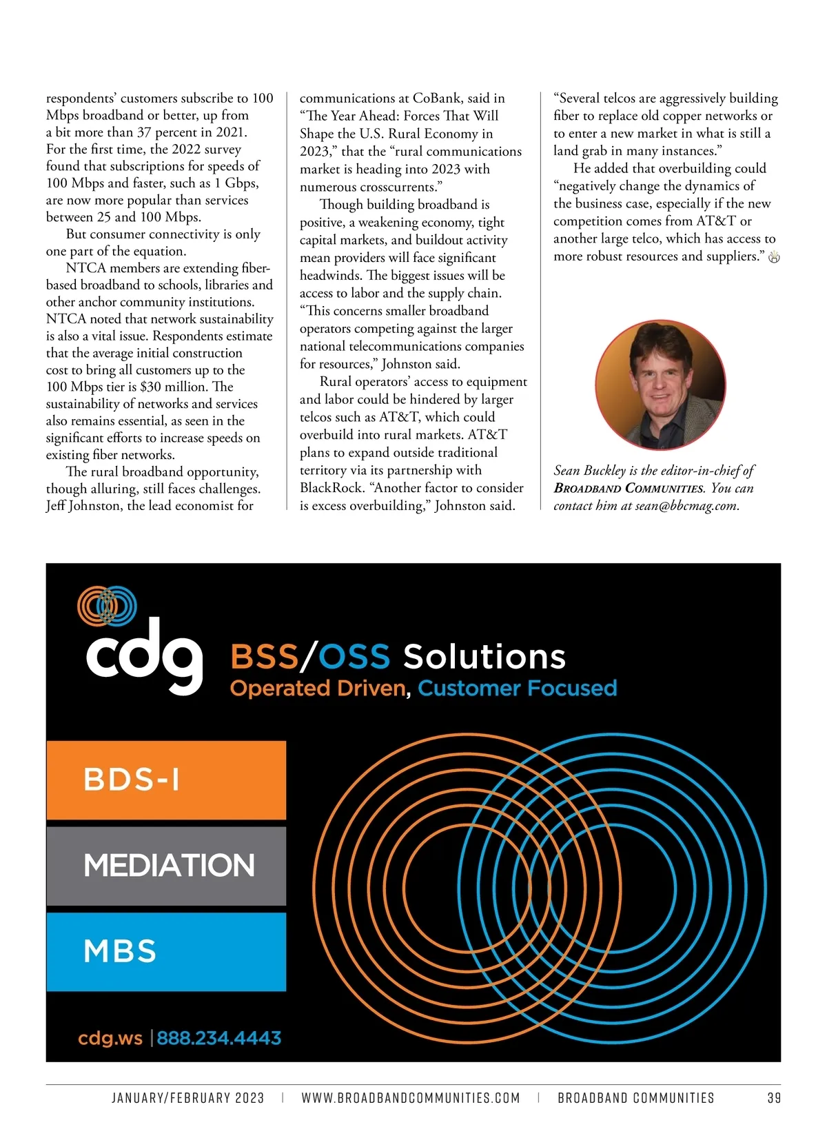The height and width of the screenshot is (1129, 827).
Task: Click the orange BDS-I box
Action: [x=166, y=780]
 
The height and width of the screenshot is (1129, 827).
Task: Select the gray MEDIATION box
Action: [x=166, y=866]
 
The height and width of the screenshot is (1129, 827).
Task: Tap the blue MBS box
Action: [x=166, y=952]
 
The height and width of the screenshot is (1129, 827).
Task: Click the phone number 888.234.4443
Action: [x=219, y=1038]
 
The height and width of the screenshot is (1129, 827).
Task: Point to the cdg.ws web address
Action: [x=110, y=1038]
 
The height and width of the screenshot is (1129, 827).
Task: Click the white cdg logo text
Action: [x=144, y=656]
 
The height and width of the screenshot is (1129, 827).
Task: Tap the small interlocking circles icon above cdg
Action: [x=107, y=606]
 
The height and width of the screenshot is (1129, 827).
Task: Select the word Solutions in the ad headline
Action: [x=484, y=656]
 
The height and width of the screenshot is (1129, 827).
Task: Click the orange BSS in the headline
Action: [x=264, y=656]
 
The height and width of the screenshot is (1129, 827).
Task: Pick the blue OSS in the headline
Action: [x=355, y=656]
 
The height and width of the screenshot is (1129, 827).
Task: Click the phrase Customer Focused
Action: [x=517, y=688]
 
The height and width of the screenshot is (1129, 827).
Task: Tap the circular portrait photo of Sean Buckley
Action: [x=660, y=385]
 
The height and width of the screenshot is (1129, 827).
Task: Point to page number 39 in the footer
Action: [x=773, y=1098]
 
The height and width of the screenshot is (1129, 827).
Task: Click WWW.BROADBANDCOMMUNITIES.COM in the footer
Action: [x=411, y=1098]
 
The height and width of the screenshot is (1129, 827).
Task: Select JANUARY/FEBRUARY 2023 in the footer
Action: [x=188, y=1098]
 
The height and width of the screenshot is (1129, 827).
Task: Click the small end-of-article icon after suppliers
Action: [x=774, y=258]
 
